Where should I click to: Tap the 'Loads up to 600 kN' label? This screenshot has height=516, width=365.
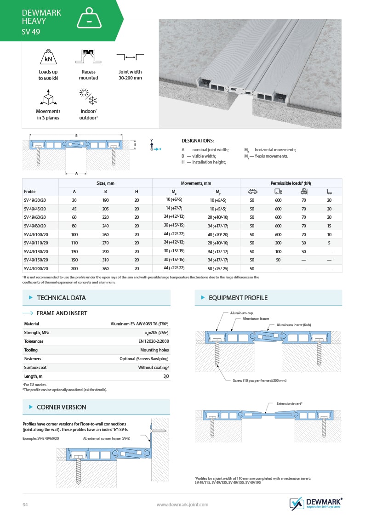(x=48, y=75)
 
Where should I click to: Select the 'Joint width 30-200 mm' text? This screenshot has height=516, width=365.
(x=131, y=75)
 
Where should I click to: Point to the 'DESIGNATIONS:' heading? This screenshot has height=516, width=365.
(x=198, y=141)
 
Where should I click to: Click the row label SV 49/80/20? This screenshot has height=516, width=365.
(x=35, y=226)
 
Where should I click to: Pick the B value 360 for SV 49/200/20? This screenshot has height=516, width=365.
(x=105, y=268)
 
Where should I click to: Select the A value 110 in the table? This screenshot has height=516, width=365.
(x=74, y=243)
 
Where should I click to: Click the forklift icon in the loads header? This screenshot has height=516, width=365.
(x=304, y=191)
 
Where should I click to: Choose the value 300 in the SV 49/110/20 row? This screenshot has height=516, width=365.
(x=278, y=243)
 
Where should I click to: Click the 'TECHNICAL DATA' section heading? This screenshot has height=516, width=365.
(x=61, y=298)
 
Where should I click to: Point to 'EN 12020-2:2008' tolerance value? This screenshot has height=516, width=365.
(x=154, y=341)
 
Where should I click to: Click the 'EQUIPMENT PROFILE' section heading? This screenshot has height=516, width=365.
(x=238, y=298)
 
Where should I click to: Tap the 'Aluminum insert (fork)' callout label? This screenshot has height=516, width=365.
(x=294, y=325)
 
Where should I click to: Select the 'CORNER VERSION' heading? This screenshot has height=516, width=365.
(x=61, y=407)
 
